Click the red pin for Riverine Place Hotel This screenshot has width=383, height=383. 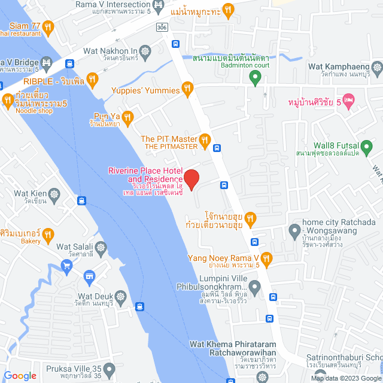point(191,179)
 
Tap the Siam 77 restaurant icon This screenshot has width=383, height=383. point(48,26)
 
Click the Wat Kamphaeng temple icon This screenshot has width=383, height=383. point(376,66)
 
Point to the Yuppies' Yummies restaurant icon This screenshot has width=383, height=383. point(187,90)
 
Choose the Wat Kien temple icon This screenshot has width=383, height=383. point(55,195)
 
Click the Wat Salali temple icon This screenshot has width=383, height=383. point(101,247)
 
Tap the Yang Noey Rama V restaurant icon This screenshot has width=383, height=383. point(267,259)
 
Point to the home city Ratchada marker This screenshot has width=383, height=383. point(294,230)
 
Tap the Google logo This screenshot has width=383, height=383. point(20,375)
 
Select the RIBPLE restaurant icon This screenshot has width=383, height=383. point(92,78)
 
